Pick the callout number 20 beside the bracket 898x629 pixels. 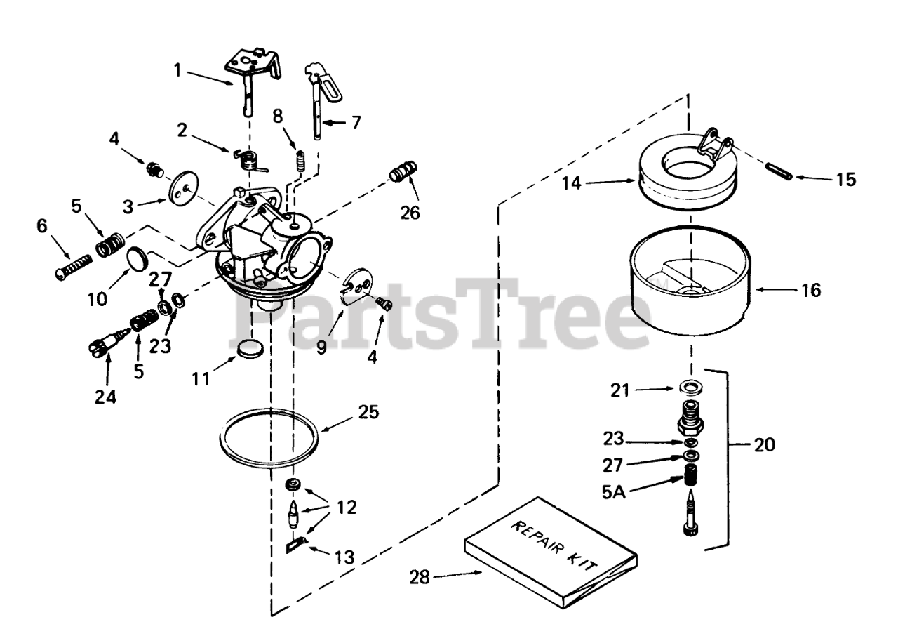(x=765, y=445)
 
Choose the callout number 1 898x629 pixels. (x=178, y=69)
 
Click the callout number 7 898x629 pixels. (x=357, y=122)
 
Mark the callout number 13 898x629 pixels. (x=344, y=557)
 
